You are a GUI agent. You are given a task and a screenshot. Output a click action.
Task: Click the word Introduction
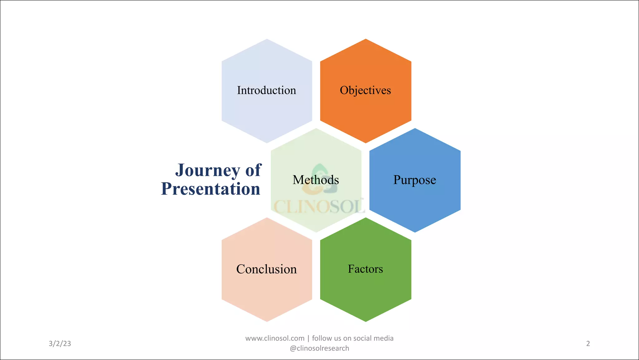pos(266,90)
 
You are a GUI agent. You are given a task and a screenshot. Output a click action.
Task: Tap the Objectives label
pos(365,90)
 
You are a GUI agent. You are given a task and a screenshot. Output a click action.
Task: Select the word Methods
pos(316,180)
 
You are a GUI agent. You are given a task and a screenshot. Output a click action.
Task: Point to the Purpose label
pos(415,180)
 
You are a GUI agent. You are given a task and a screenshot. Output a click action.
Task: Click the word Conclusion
pos(266,269)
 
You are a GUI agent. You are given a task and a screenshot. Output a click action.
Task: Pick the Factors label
pos(365,269)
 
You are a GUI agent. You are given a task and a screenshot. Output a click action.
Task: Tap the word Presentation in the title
pos(211,189)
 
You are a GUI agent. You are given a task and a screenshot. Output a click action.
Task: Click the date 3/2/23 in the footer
pos(60,344)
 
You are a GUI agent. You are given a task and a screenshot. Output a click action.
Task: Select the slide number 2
pos(588,344)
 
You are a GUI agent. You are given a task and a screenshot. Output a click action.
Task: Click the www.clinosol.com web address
pos(275,338)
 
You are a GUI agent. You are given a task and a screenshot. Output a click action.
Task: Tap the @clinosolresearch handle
pos(319,348)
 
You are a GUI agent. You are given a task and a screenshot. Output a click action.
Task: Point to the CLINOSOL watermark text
pos(319,206)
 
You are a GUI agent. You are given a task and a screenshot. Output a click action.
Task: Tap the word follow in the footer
pos(322,338)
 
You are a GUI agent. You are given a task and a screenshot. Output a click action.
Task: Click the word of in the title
pos(253,170)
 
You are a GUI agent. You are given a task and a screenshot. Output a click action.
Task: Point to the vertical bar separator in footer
pos(308,338)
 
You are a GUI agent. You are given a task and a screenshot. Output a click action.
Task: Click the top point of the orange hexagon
pos(366,40)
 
